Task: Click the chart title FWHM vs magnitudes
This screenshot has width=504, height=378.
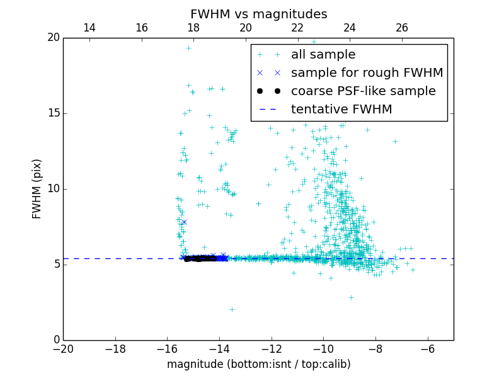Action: (258, 14)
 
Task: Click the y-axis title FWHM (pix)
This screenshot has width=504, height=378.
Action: (37, 188)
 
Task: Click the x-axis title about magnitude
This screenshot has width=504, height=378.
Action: (258, 364)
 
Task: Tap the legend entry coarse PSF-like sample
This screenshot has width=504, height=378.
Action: (363, 91)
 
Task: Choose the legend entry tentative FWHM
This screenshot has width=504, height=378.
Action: (341, 110)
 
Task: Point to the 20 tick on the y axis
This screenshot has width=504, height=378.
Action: (53, 38)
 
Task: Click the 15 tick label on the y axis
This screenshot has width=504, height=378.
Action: (53, 113)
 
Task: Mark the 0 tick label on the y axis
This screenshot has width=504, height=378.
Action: (56, 340)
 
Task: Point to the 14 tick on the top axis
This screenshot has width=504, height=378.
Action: (89, 28)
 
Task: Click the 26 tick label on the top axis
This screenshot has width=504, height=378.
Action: (402, 28)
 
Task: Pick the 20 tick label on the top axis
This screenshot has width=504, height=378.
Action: (246, 28)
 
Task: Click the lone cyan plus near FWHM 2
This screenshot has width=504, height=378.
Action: (232, 309)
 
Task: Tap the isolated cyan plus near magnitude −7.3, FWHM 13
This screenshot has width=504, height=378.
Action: (395, 141)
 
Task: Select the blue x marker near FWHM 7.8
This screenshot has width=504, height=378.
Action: (184, 222)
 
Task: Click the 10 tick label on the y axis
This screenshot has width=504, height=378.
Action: (53, 189)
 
